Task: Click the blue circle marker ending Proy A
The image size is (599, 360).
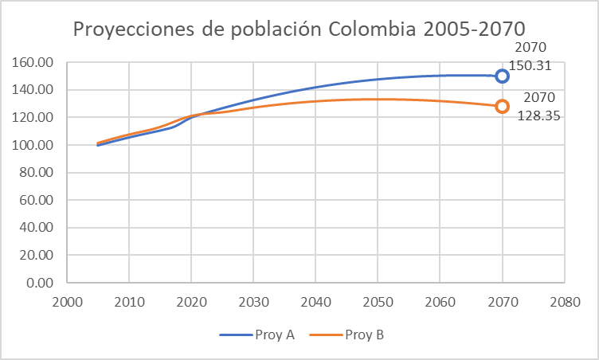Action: (502, 76)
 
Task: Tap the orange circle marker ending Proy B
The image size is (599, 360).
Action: (502, 107)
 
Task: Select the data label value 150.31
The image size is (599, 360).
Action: (535, 65)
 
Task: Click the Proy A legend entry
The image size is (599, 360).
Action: (257, 335)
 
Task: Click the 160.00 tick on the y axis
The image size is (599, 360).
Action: (33, 63)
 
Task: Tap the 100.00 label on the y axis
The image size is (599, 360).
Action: (33, 146)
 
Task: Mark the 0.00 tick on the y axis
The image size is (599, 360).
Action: (39, 283)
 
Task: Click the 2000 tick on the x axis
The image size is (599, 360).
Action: (66, 303)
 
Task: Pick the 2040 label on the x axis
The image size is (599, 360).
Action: (315, 303)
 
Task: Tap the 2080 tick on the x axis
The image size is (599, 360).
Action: (564, 303)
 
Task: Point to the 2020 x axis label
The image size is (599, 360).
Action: (191, 303)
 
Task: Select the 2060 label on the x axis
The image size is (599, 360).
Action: (440, 303)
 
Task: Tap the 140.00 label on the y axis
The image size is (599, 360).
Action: (33, 91)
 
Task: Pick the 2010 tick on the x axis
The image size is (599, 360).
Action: (129, 303)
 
